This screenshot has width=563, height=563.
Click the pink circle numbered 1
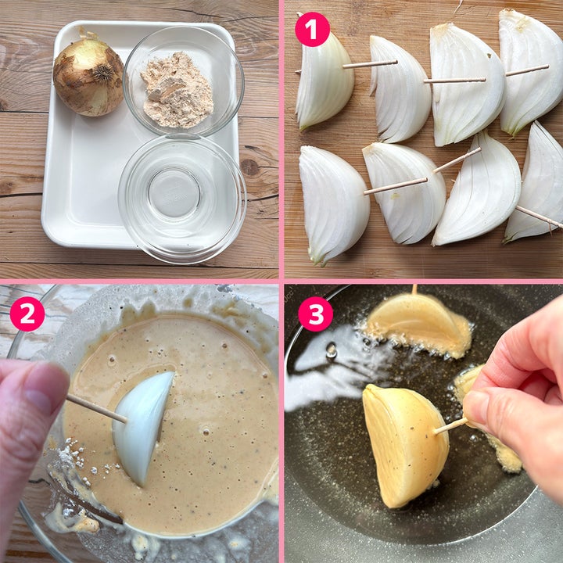tap(312, 30)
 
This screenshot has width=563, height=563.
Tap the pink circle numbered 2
tap(27, 314)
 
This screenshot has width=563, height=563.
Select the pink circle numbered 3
tap(316, 314)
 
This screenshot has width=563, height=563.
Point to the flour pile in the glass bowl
tap(177, 91)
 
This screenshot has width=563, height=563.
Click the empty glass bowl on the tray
tap(182, 199)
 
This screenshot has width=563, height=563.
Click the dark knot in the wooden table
tap(250, 167)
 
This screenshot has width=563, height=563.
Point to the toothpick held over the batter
tap(96, 408)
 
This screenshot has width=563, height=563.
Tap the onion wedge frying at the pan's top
tap(418, 324)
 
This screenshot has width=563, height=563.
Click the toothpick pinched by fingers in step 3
tap(450, 425)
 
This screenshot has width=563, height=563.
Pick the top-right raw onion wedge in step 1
tap(531, 71)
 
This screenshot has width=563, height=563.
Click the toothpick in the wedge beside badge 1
tap(370, 65)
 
